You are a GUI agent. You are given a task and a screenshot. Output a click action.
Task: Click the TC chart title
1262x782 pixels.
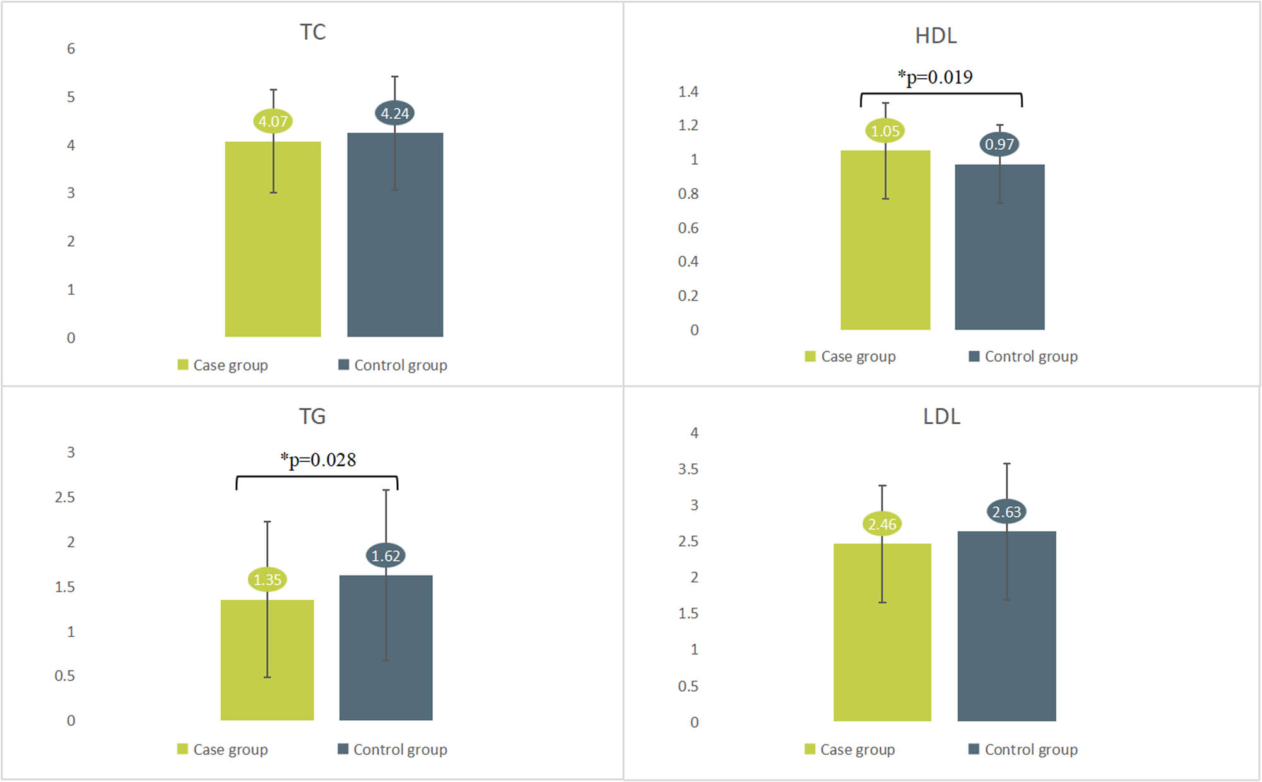click(312, 32)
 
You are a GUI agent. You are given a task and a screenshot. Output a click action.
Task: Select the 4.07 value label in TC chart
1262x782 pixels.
click(273, 121)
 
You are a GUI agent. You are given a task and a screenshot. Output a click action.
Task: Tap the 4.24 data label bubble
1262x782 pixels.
click(395, 114)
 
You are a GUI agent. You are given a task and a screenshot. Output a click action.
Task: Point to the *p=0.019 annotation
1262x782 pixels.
click(935, 78)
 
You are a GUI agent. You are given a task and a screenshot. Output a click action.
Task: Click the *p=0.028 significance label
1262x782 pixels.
click(318, 460)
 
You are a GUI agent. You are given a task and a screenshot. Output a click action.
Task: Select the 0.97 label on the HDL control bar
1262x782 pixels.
click(1000, 145)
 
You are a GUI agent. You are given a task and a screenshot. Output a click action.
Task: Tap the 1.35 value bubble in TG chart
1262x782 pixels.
click(267, 579)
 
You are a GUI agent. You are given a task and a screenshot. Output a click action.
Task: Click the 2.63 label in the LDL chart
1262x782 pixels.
click(1006, 512)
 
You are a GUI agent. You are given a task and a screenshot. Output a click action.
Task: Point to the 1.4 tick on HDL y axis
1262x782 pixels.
click(688, 92)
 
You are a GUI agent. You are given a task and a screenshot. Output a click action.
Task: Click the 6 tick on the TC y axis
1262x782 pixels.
click(71, 49)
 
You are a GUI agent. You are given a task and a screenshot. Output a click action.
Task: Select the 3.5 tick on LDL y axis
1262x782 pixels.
click(688, 469)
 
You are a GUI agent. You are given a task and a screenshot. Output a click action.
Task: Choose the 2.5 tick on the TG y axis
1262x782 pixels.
click(64, 497)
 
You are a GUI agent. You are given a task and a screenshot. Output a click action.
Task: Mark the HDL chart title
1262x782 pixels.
click(936, 36)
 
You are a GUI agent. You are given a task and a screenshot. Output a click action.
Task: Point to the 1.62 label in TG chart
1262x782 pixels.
click(386, 556)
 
